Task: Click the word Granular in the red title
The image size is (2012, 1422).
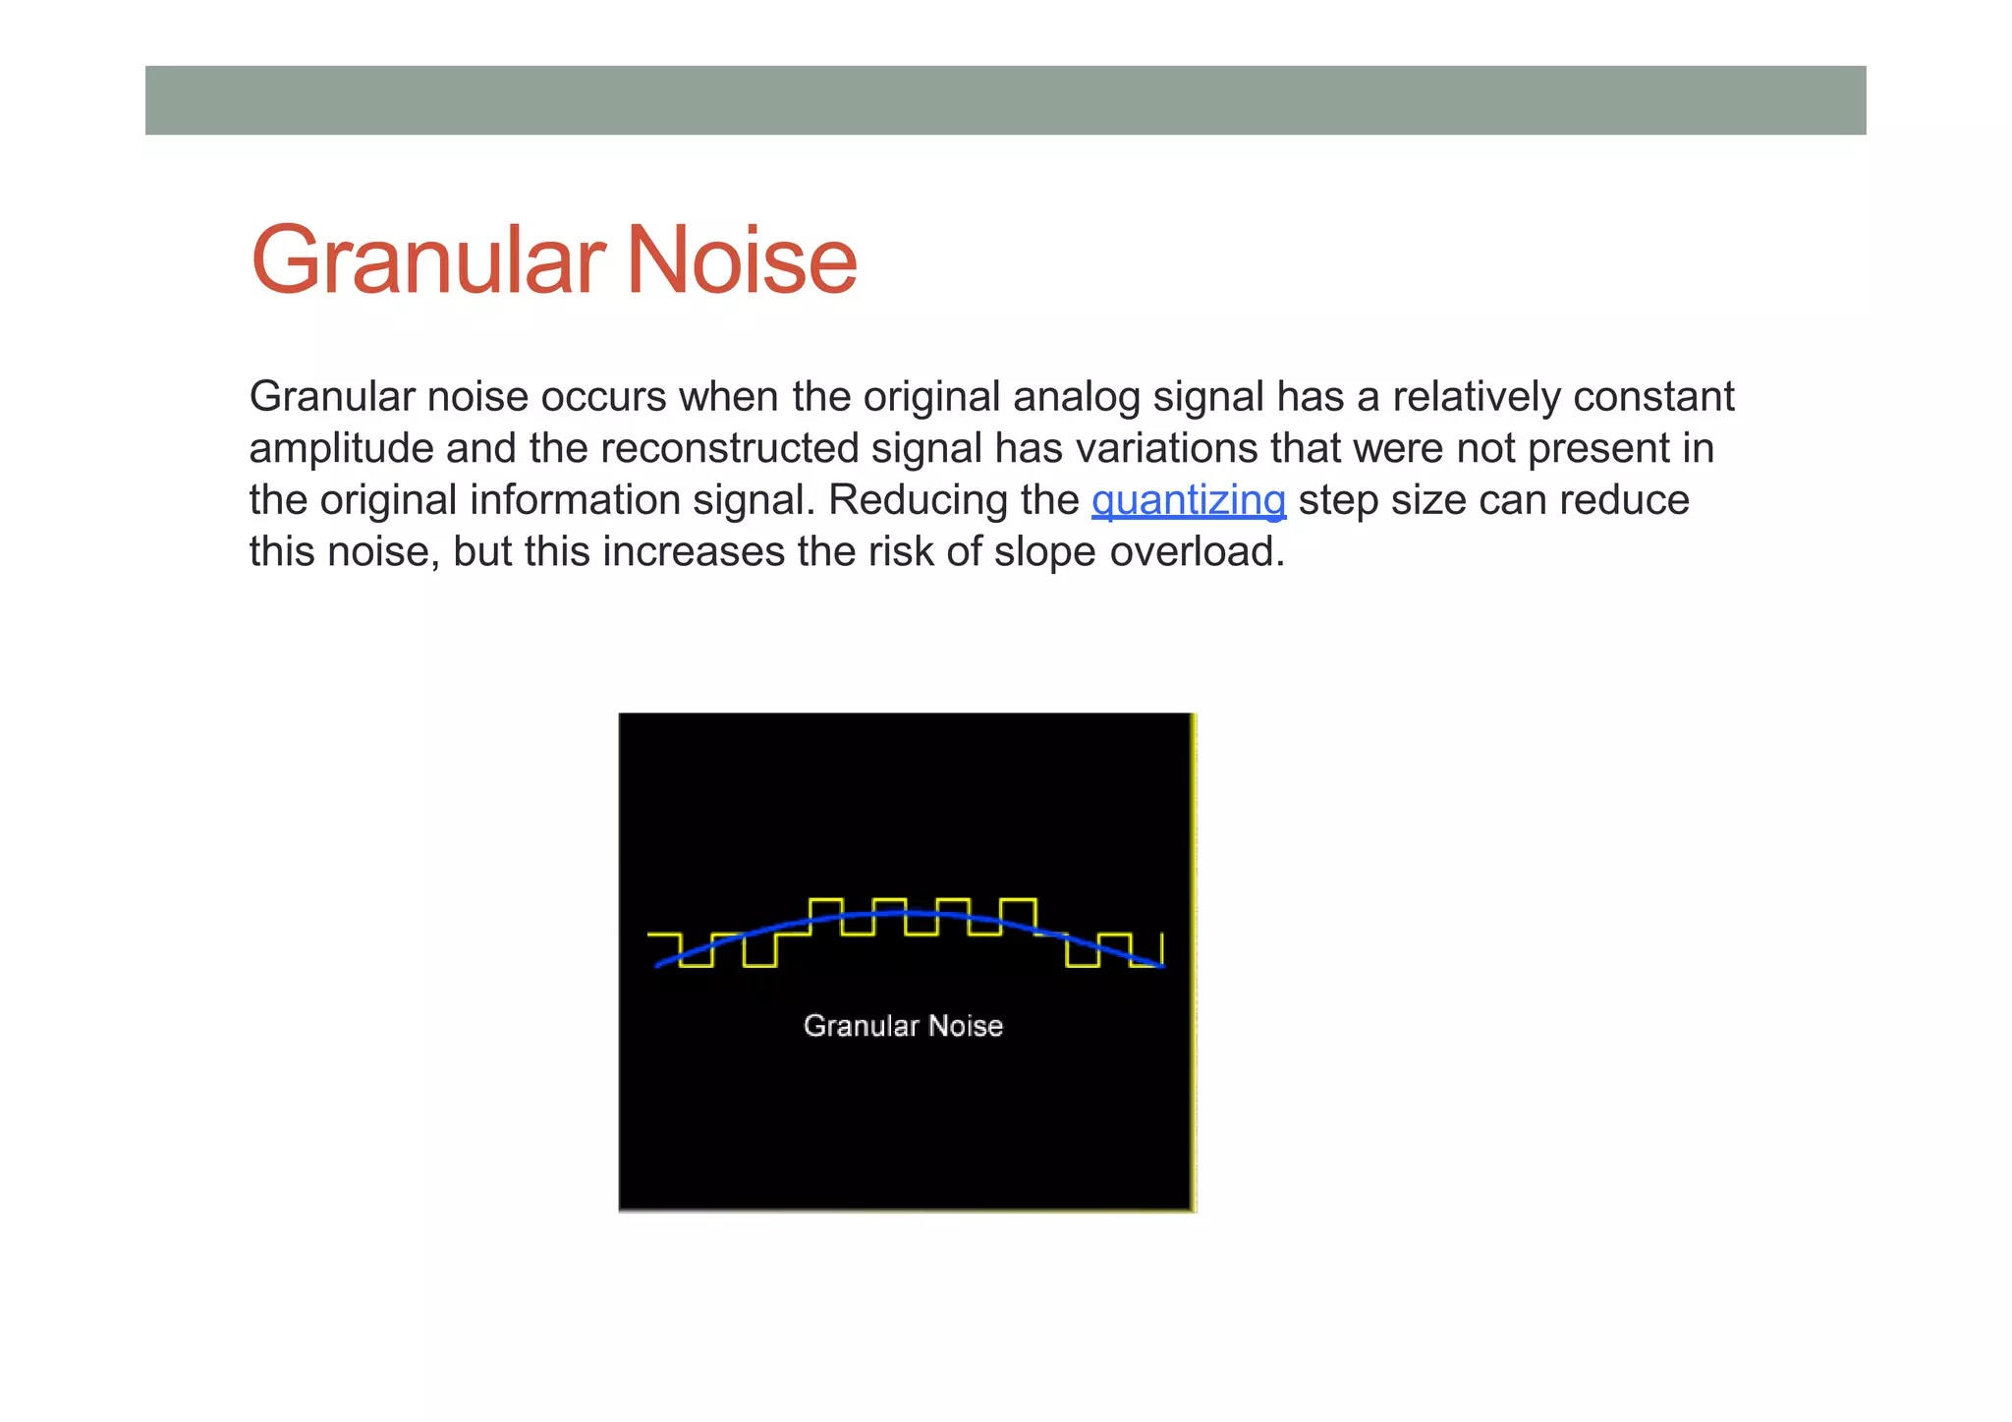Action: [426, 260]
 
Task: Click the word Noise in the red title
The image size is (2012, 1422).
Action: [741, 260]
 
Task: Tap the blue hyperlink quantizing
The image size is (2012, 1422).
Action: [1188, 500]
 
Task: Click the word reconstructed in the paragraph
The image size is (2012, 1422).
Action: [729, 449]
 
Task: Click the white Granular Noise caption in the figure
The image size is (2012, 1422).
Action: [903, 1026]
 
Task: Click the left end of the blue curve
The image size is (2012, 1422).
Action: [658, 965]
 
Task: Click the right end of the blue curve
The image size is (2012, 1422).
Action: [1161, 966]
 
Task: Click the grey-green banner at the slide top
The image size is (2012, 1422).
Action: [1005, 100]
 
